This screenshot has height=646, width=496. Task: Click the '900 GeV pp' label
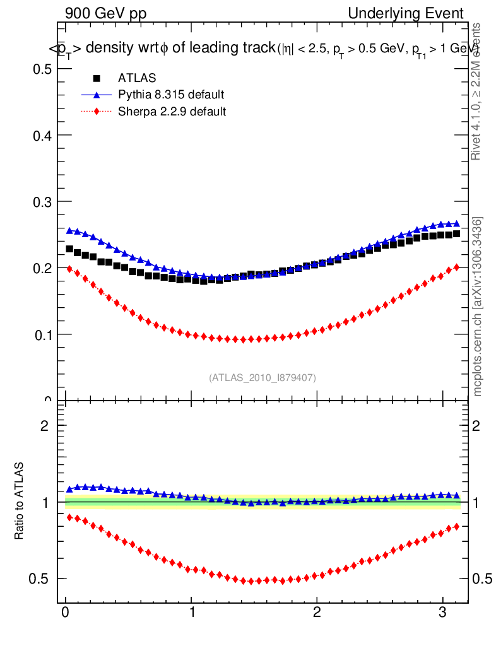click(105, 13)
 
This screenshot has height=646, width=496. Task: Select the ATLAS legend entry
click(137, 78)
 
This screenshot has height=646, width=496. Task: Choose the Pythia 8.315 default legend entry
click(171, 95)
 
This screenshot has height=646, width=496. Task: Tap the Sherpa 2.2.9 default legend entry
click(172, 112)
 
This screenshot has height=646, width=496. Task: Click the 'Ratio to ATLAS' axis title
click(20, 502)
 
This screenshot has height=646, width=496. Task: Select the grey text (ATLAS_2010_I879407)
click(263, 377)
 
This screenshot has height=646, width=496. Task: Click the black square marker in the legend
click(97, 78)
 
